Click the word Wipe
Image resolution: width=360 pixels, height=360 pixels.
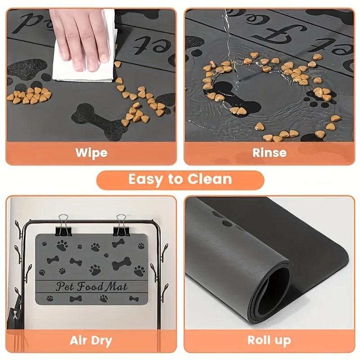coord(91,152)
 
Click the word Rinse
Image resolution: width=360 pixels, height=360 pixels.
coord(269,152)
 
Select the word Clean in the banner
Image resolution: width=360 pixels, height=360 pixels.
coord(211,180)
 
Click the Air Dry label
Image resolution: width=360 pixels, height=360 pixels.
coord(91,340)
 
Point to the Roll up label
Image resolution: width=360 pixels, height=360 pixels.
coord(269,340)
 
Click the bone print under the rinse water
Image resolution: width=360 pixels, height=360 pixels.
coord(232,99)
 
